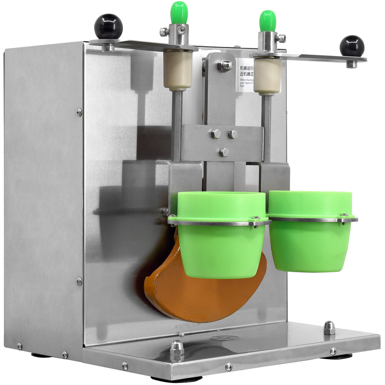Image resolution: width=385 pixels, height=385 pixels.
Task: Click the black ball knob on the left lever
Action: pyautogui.click(x=108, y=27)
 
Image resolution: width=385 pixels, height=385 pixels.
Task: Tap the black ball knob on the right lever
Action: pyautogui.click(x=352, y=46)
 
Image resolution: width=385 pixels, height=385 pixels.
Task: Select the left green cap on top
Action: pyautogui.click(x=179, y=12)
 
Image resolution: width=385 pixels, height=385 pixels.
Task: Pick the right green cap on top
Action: pyautogui.click(x=267, y=20)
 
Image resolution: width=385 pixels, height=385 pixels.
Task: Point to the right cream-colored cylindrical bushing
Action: pyautogui.click(x=267, y=76)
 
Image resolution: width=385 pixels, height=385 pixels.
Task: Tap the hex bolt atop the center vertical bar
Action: pyautogui.click(x=225, y=65)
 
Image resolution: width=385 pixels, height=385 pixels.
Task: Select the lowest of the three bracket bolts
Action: pyautogui.click(x=224, y=152)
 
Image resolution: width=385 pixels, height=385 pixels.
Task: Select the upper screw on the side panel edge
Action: pyautogui.click(x=79, y=112)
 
